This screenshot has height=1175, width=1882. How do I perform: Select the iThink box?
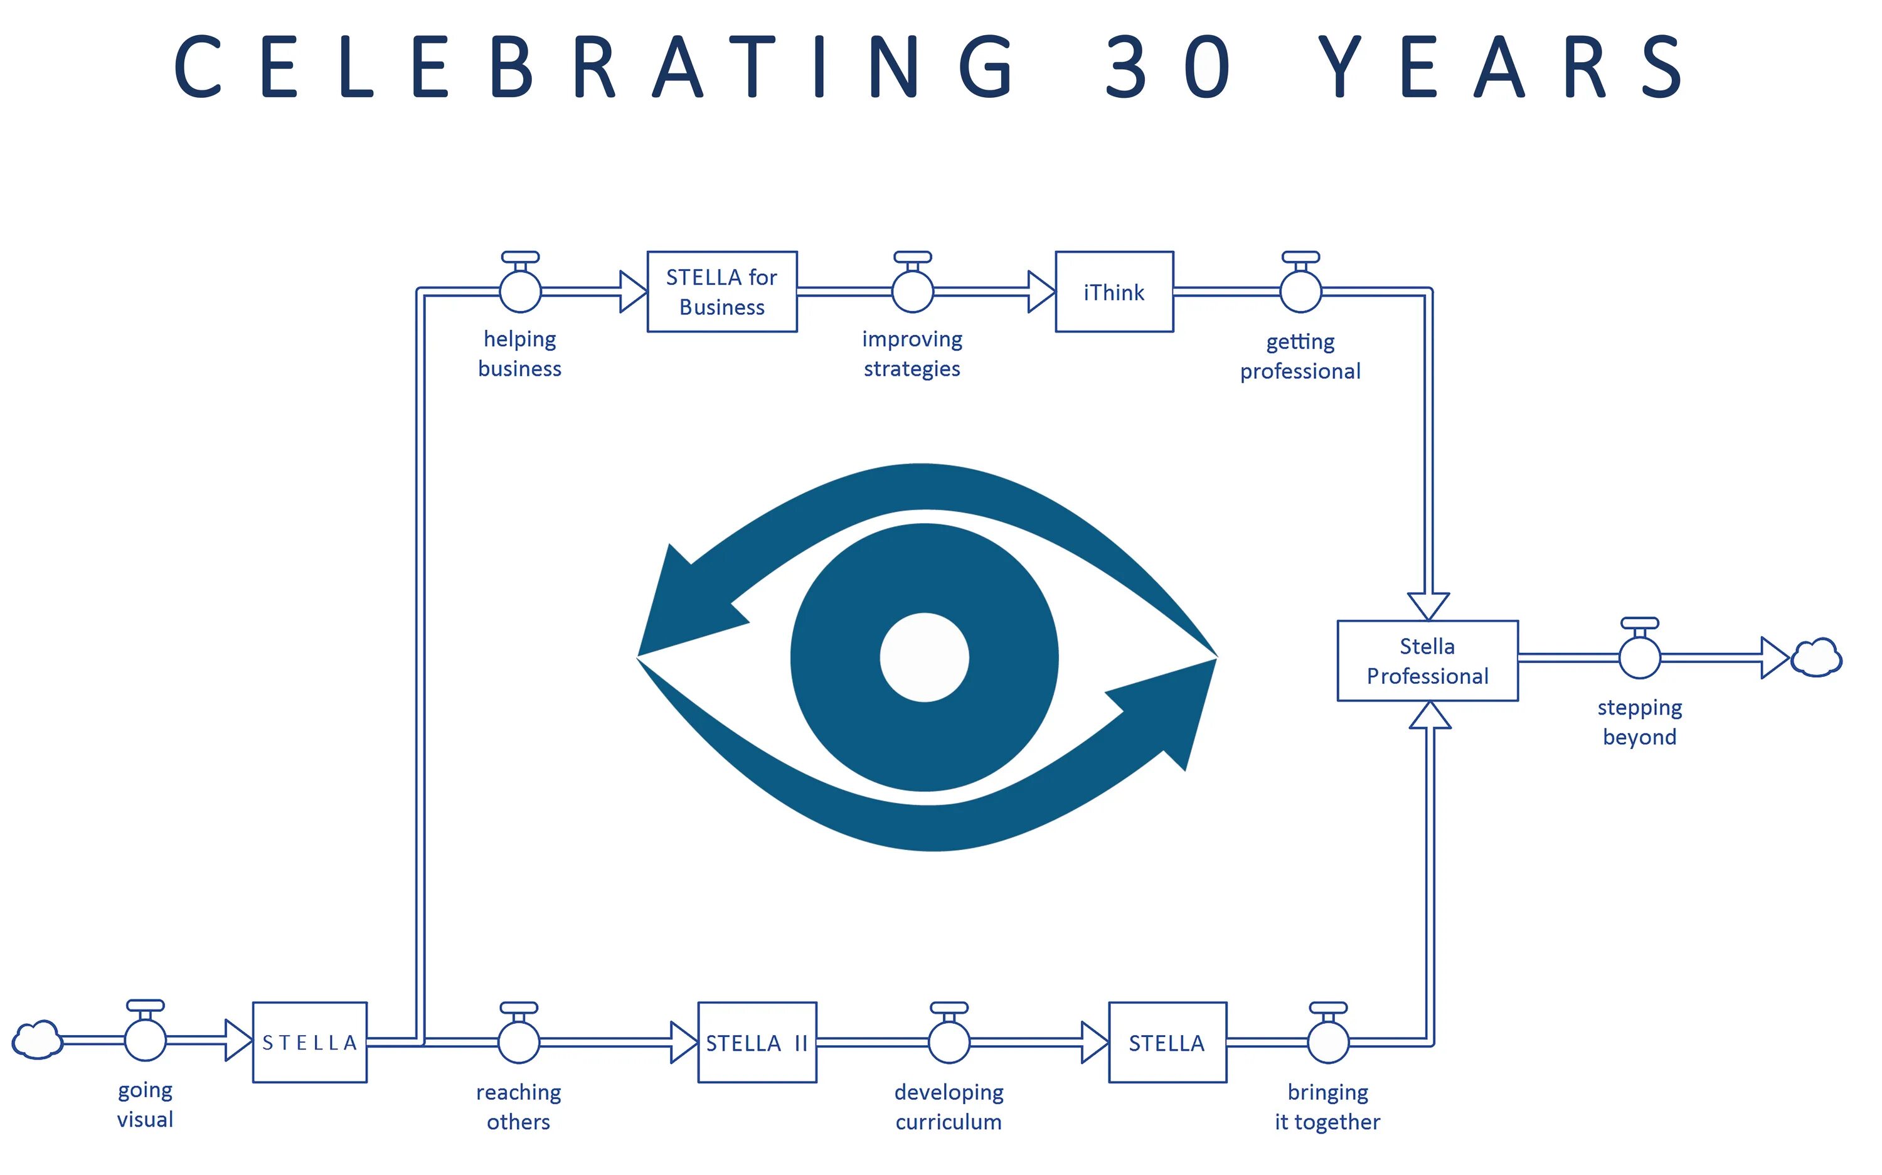point(1114,292)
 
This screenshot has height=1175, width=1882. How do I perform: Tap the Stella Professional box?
point(1427,661)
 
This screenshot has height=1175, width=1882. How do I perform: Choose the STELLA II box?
point(757,1042)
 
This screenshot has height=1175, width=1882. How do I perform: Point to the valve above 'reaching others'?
point(518,1041)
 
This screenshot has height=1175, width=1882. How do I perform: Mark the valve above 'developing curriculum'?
point(949,1041)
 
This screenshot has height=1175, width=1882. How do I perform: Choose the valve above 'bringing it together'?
point(1328,1041)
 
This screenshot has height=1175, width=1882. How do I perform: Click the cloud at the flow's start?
point(36,1039)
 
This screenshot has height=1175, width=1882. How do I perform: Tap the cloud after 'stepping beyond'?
point(1816,657)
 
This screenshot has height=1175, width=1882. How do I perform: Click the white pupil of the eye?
point(924,657)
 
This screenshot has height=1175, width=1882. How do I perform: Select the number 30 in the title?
point(1168,68)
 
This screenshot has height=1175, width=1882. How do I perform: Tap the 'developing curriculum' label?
point(949,1107)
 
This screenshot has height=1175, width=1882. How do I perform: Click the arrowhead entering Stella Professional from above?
point(1428,605)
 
